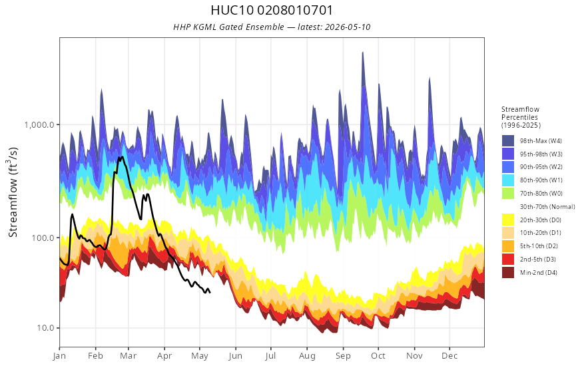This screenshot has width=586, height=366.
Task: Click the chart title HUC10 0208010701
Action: (x=272, y=10)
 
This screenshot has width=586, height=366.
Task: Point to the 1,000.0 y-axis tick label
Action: (x=39, y=124)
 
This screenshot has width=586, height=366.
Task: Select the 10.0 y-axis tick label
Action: (x=45, y=328)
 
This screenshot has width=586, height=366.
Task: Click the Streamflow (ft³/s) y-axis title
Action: (x=13, y=192)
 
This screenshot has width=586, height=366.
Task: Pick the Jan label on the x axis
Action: (x=59, y=356)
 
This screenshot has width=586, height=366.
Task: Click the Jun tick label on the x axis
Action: (x=236, y=356)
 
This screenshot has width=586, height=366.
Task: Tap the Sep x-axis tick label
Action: (x=343, y=356)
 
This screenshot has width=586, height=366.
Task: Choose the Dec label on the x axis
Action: (x=449, y=356)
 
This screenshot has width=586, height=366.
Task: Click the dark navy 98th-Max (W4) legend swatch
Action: (x=508, y=141)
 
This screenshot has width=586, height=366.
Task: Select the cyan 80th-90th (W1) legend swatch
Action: (x=508, y=180)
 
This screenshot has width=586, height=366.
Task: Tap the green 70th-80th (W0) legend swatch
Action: (x=508, y=194)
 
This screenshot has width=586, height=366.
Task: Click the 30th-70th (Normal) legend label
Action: (x=547, y=206)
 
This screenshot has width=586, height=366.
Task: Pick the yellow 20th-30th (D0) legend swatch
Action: (x=508, y=220)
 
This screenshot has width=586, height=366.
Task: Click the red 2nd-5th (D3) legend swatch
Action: (x=508, y=259)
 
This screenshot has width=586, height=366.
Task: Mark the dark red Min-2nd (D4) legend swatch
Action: (x=508, y=272)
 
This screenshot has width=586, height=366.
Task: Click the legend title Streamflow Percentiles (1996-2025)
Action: (x=521, y=117)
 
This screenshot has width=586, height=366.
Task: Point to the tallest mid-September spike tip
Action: (x=362, y=53)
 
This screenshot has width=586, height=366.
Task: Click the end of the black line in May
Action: (x=210, y=292)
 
